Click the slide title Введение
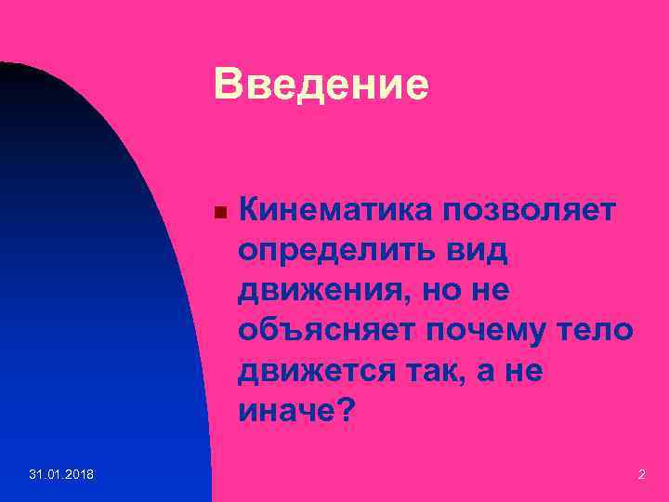click(x=321, y=85)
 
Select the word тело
click(x=603, y=330)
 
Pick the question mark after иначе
click(x=344, y=410)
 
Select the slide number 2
click(x=641, y=475)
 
